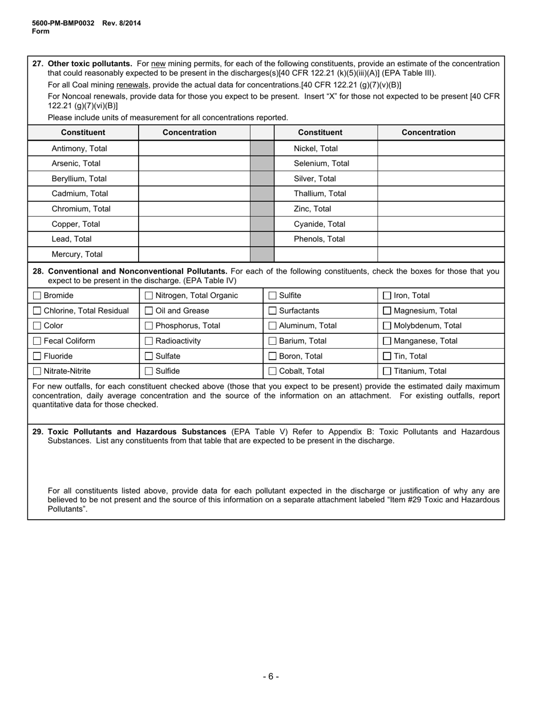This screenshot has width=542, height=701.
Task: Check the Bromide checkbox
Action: [37, 296]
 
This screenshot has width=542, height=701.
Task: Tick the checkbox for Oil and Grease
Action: [149, 311]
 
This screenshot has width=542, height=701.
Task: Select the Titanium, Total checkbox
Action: [387, 371]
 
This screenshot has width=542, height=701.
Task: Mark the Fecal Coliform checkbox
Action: [37, 341]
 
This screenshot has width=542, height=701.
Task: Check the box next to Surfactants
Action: [272, 311]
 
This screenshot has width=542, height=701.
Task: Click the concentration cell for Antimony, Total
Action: [194, 149]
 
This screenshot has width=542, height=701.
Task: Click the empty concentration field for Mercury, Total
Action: [194, 255]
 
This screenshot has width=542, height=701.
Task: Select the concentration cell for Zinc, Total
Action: [440, 209]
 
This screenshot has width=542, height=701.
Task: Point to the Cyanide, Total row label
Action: [319, 224]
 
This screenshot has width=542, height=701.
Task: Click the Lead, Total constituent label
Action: [71, 239]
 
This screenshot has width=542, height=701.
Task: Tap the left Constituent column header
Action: [83, 132]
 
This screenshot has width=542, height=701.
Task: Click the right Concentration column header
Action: [428, 132]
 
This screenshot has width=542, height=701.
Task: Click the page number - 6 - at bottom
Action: [271, 676]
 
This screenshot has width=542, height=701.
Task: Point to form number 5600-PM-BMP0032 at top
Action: [63, 23]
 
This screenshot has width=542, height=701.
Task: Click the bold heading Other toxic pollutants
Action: [90, 64]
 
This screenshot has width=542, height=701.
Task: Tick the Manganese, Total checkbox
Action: [387, 341]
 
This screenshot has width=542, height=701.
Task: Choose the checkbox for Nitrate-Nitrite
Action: [37, 371]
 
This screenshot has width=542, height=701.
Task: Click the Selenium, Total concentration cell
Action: [440, 164]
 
